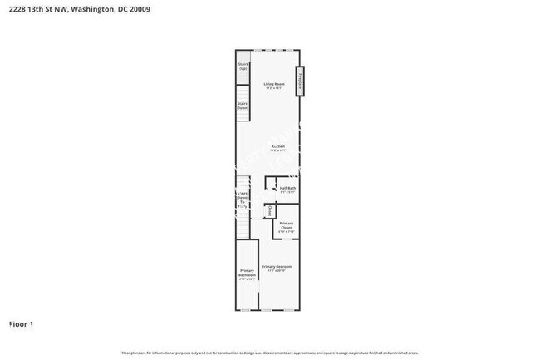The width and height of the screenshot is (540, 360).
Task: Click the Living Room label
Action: click(x=275, y=83)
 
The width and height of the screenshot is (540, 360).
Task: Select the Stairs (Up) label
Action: click(x=243, y=66)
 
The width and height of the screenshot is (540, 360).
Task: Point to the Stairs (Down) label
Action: click(x=243, y=106)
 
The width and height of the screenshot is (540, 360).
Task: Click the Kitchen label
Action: click(x=277, y=146)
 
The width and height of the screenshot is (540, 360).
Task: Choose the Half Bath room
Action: click(x=287, y=188)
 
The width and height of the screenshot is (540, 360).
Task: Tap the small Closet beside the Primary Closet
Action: click(x=269, y=211)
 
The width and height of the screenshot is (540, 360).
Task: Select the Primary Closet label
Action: click(x=286, y=225)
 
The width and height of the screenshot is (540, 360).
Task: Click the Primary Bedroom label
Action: click(x=277, y=266)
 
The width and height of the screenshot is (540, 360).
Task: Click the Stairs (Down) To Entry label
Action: click(x=243, y=200)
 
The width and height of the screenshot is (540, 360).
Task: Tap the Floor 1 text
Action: click(x=21, y=323)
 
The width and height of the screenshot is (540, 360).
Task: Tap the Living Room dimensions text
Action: click(x=275, y=87)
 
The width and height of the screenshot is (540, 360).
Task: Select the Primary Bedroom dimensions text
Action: click(x=277, y=270)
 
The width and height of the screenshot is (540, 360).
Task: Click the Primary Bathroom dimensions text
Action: click(x=247, y=279)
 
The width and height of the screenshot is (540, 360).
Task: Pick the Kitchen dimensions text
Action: click(x=277, y=150)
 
